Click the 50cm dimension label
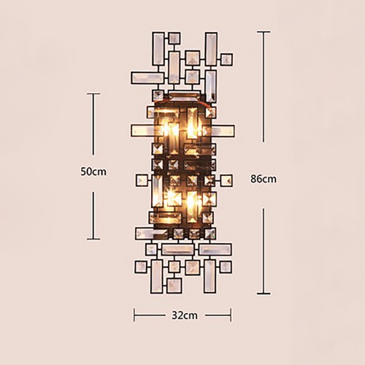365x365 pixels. tap(93, 172)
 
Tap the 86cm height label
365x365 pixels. tap(264, 179)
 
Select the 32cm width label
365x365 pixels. tap(185, 315)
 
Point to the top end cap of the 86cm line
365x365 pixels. tap(264, 31)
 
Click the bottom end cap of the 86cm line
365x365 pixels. tap(264, 293)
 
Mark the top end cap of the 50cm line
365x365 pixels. tap(93, 93)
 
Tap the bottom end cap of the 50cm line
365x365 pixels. tap(93, 239)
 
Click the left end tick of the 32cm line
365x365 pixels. tap(134, 315)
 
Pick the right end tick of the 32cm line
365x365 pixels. tap(231, 315)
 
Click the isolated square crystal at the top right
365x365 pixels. tap(226, 60)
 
